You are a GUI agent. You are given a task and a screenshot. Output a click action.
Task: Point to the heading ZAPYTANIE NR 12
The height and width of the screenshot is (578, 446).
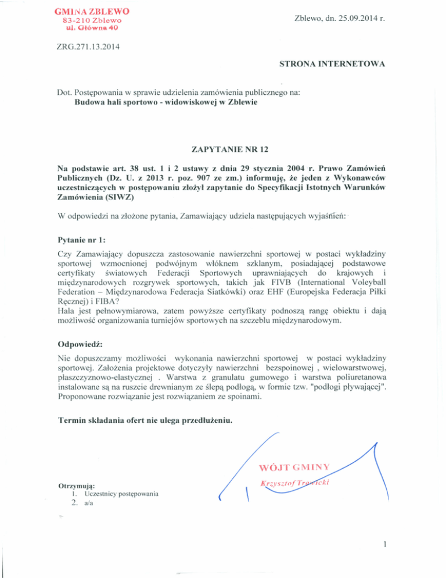[222, 148]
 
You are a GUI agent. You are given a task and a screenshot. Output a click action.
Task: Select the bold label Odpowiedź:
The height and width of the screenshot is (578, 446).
[81, 344]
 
